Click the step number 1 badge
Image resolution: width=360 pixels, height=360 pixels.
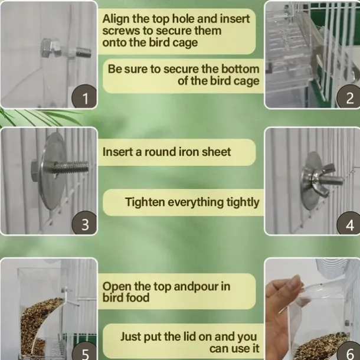pyautogui.click(x=84, y=97)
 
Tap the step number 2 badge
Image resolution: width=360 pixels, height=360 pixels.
pyautogui.click(x=349, y=97)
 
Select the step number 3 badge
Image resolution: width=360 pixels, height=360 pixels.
pyautogui.click(x=84, y=223)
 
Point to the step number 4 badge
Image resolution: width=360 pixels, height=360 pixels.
pyautogui.click(x=349, y=224)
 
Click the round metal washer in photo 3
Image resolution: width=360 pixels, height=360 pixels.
pyautogui.click(x=53, y=171)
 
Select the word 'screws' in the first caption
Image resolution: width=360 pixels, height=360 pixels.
pyautogui.click(x=122, y=31)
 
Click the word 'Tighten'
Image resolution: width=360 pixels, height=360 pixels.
pyautogui.click(x=145, y=202)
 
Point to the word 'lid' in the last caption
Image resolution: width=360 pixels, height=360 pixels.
pyautogui.click(x=190, y=336)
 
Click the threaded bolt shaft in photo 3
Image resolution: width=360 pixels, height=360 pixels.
pyautogui.click(x=71, y=166)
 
